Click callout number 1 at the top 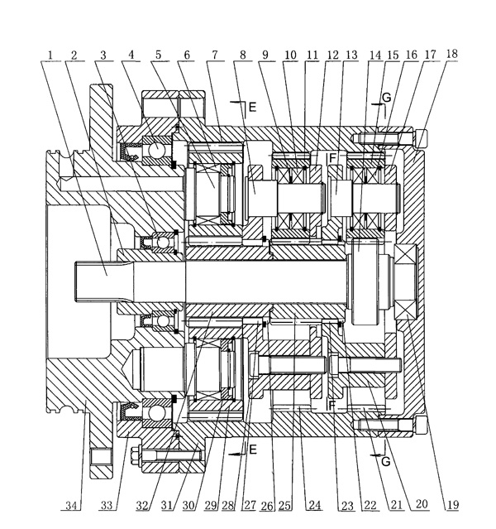50,55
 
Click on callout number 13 353,55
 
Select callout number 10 291,55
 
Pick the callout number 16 411,55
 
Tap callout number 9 266,55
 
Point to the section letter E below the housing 254,450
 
